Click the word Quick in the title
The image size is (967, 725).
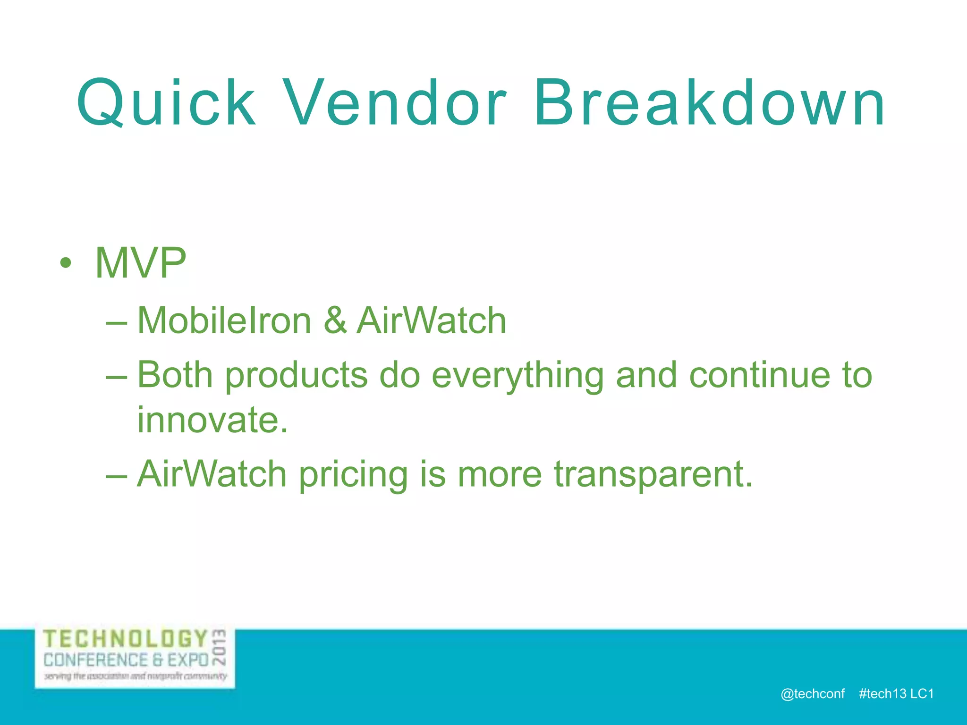click(166, 103)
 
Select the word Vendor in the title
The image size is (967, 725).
click(396, 103)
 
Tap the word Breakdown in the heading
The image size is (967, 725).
click(709, 103)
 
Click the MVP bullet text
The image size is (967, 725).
click(141, 263)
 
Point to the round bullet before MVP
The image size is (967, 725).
click(66, 263)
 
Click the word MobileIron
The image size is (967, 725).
click(224, 320)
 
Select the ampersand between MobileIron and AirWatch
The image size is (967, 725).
click(335, 320)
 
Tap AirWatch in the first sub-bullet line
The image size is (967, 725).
click(431, 320)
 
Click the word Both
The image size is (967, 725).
click(175, 375)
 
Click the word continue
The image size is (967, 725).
click(759, 375)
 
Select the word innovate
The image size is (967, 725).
click(212, 420)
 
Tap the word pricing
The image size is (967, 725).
click(353, 475)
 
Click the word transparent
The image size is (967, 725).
click(653, 475)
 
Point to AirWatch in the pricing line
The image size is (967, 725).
click(212, 474)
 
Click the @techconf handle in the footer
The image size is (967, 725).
click(813, 693)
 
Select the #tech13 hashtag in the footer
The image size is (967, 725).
click(882, 693)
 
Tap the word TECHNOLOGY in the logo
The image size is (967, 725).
click(126, 639)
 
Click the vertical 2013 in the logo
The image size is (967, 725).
click(220, 647)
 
